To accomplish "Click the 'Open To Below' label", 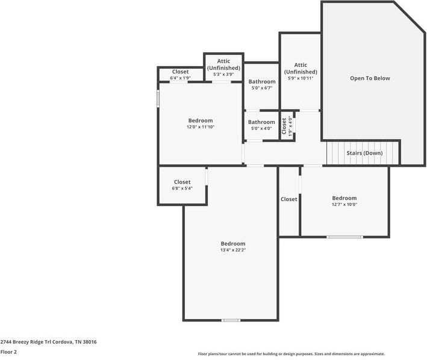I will pos(370,78).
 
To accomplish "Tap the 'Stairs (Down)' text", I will pos(364,153).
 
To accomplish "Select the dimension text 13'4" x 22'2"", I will pos(232,250).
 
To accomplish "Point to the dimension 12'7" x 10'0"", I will pos(344,204).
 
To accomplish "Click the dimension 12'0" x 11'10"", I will pos(201,127).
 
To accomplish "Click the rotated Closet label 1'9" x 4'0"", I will pos(286,127).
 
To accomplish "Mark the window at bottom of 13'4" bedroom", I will pos(231,320).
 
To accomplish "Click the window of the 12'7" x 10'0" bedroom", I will pos(345,237).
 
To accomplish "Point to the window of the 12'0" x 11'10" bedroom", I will pos(158,99).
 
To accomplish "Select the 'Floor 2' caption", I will pos(8,351).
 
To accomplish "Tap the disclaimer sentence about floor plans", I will pos(291,354).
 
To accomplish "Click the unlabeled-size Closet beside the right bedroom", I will pos(289,199).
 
